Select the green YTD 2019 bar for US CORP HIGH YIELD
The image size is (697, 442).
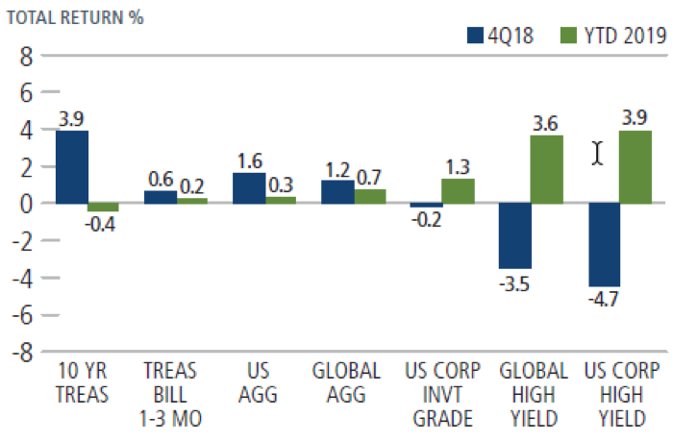(x=635, y=167)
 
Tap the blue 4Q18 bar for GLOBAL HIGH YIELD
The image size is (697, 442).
(x=515, y=235)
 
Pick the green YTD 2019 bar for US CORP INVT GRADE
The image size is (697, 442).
(x=458, y=191)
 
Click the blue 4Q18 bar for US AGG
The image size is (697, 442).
(x=248, y=188)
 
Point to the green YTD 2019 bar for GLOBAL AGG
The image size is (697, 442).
(x=369, y=197)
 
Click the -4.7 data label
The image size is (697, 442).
(x=603, y=300)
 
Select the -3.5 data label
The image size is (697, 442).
(x=516, y=282)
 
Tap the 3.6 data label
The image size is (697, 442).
(x=547, y=123)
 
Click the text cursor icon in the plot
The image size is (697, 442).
(x=598, y=154)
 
